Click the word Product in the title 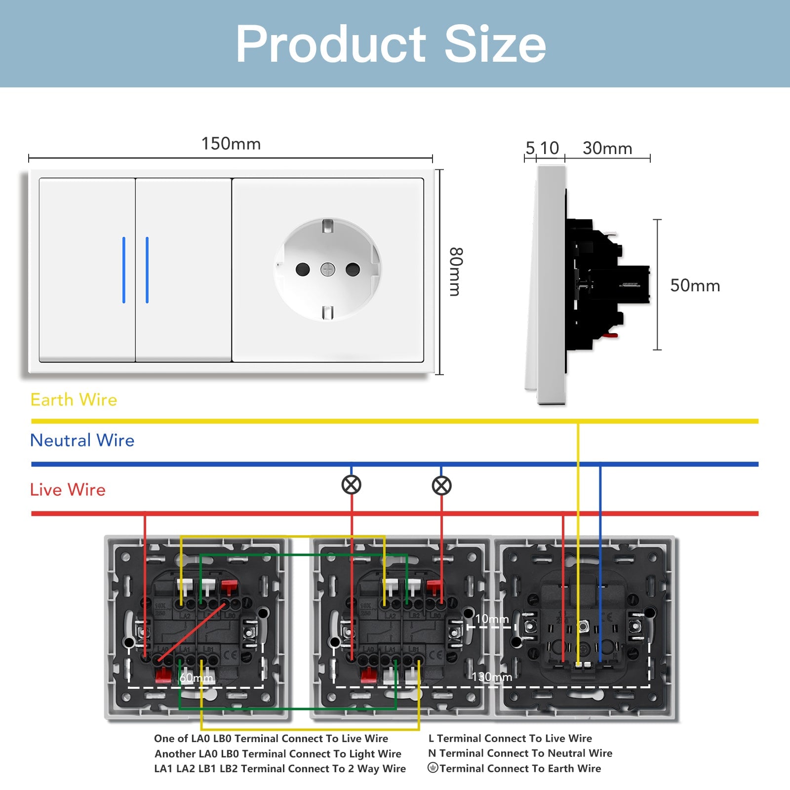coord(331,44)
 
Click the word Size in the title coord(495,44)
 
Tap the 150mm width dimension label coord(231,144)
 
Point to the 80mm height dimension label coord(455,272)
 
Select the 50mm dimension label coord(695,285)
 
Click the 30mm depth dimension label coord(607,148)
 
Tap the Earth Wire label coord(74,399)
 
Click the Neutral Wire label coord(82,440)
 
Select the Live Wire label coord(68,489)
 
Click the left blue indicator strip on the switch coord(124,270)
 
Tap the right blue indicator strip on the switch coord(147,270)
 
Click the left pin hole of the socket coord(302,270)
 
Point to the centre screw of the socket coord(328,270)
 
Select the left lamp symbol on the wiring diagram coord(352,485)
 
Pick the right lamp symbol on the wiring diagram coord(441,485)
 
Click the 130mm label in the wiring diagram coord(492,676)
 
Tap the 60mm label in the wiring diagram coord(196,677)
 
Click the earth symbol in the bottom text coord(433,768)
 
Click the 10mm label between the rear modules coord(492,619)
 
